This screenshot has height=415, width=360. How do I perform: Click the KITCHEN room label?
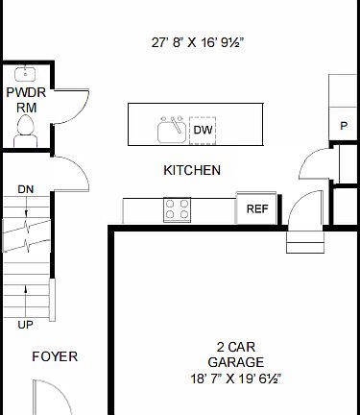point(192,170)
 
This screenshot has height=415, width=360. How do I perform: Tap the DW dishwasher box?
point(203,130)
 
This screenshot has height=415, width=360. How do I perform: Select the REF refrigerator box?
point(256,208)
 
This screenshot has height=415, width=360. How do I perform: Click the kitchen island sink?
point(173,128)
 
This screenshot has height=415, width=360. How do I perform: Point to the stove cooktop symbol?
point(177,208)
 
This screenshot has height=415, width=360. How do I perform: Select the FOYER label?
point(55,356)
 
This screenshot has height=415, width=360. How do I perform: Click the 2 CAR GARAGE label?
point(235,354)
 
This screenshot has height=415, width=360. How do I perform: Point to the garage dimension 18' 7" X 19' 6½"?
point(235,378)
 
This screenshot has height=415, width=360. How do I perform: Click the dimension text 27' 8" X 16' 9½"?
point(198,42)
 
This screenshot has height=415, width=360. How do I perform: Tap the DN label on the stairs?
point(26,188)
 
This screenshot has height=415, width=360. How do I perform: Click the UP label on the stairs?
point(26,325)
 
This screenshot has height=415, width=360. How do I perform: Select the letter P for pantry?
point(344,126)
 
